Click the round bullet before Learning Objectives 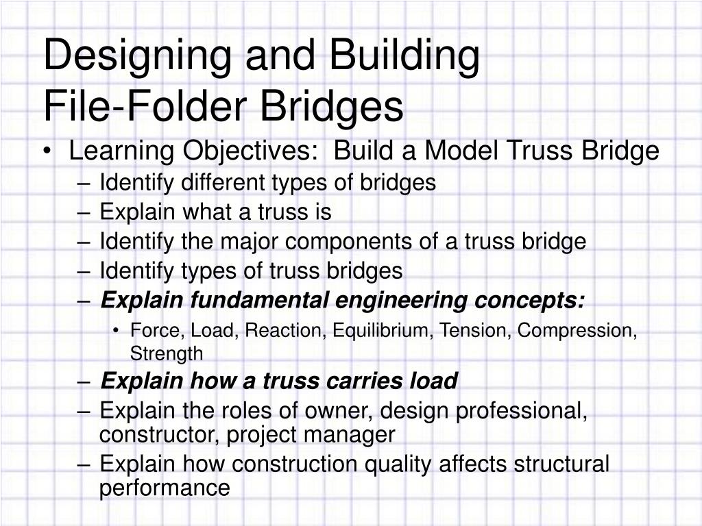(53, 152)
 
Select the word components (365, 242)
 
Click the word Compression (577, 331)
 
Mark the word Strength (167, 353)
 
